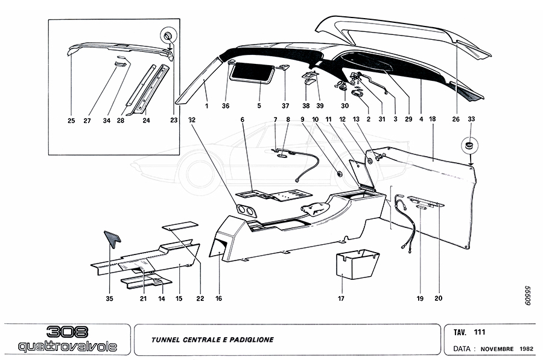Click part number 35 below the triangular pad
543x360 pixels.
click(109, 298)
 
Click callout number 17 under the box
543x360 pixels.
click(341, 298)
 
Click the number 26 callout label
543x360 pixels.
click(456, 119)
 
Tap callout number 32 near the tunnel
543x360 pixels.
click(192, 119)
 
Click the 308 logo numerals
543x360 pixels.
click(68, 332)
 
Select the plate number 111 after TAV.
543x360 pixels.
click(480, 332)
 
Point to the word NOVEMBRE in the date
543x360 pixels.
click(497, 349)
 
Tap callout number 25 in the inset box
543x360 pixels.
click(71, 119)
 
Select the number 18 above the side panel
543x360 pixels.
click(433, 119)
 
